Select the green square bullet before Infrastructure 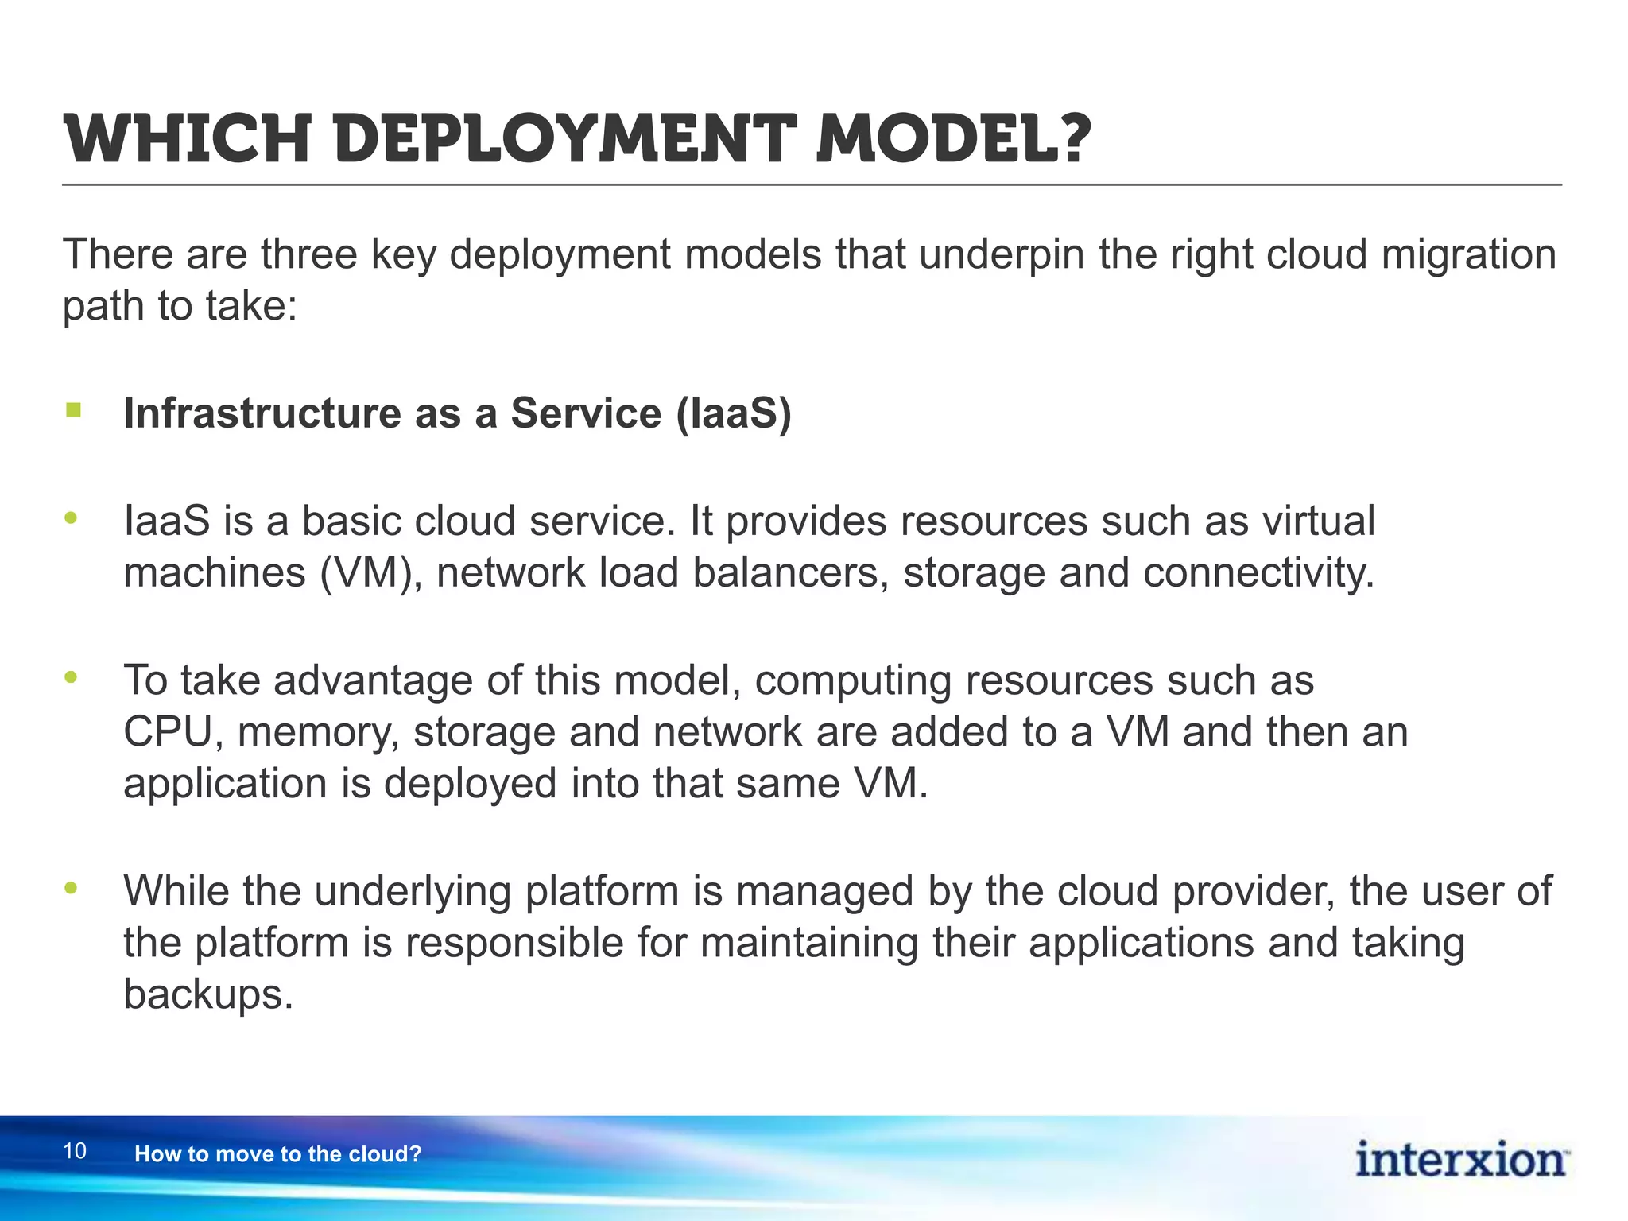coord(74,410)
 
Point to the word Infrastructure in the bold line coord(262,413)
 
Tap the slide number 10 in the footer coord(75,1151)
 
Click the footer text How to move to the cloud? coord(277,1154)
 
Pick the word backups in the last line coord(208,994)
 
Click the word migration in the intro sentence coord(1468,255)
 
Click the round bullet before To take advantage coord(72,677)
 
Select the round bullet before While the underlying coord(72,888)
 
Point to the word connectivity coord(1258,573)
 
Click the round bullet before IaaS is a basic coord(72,518)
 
